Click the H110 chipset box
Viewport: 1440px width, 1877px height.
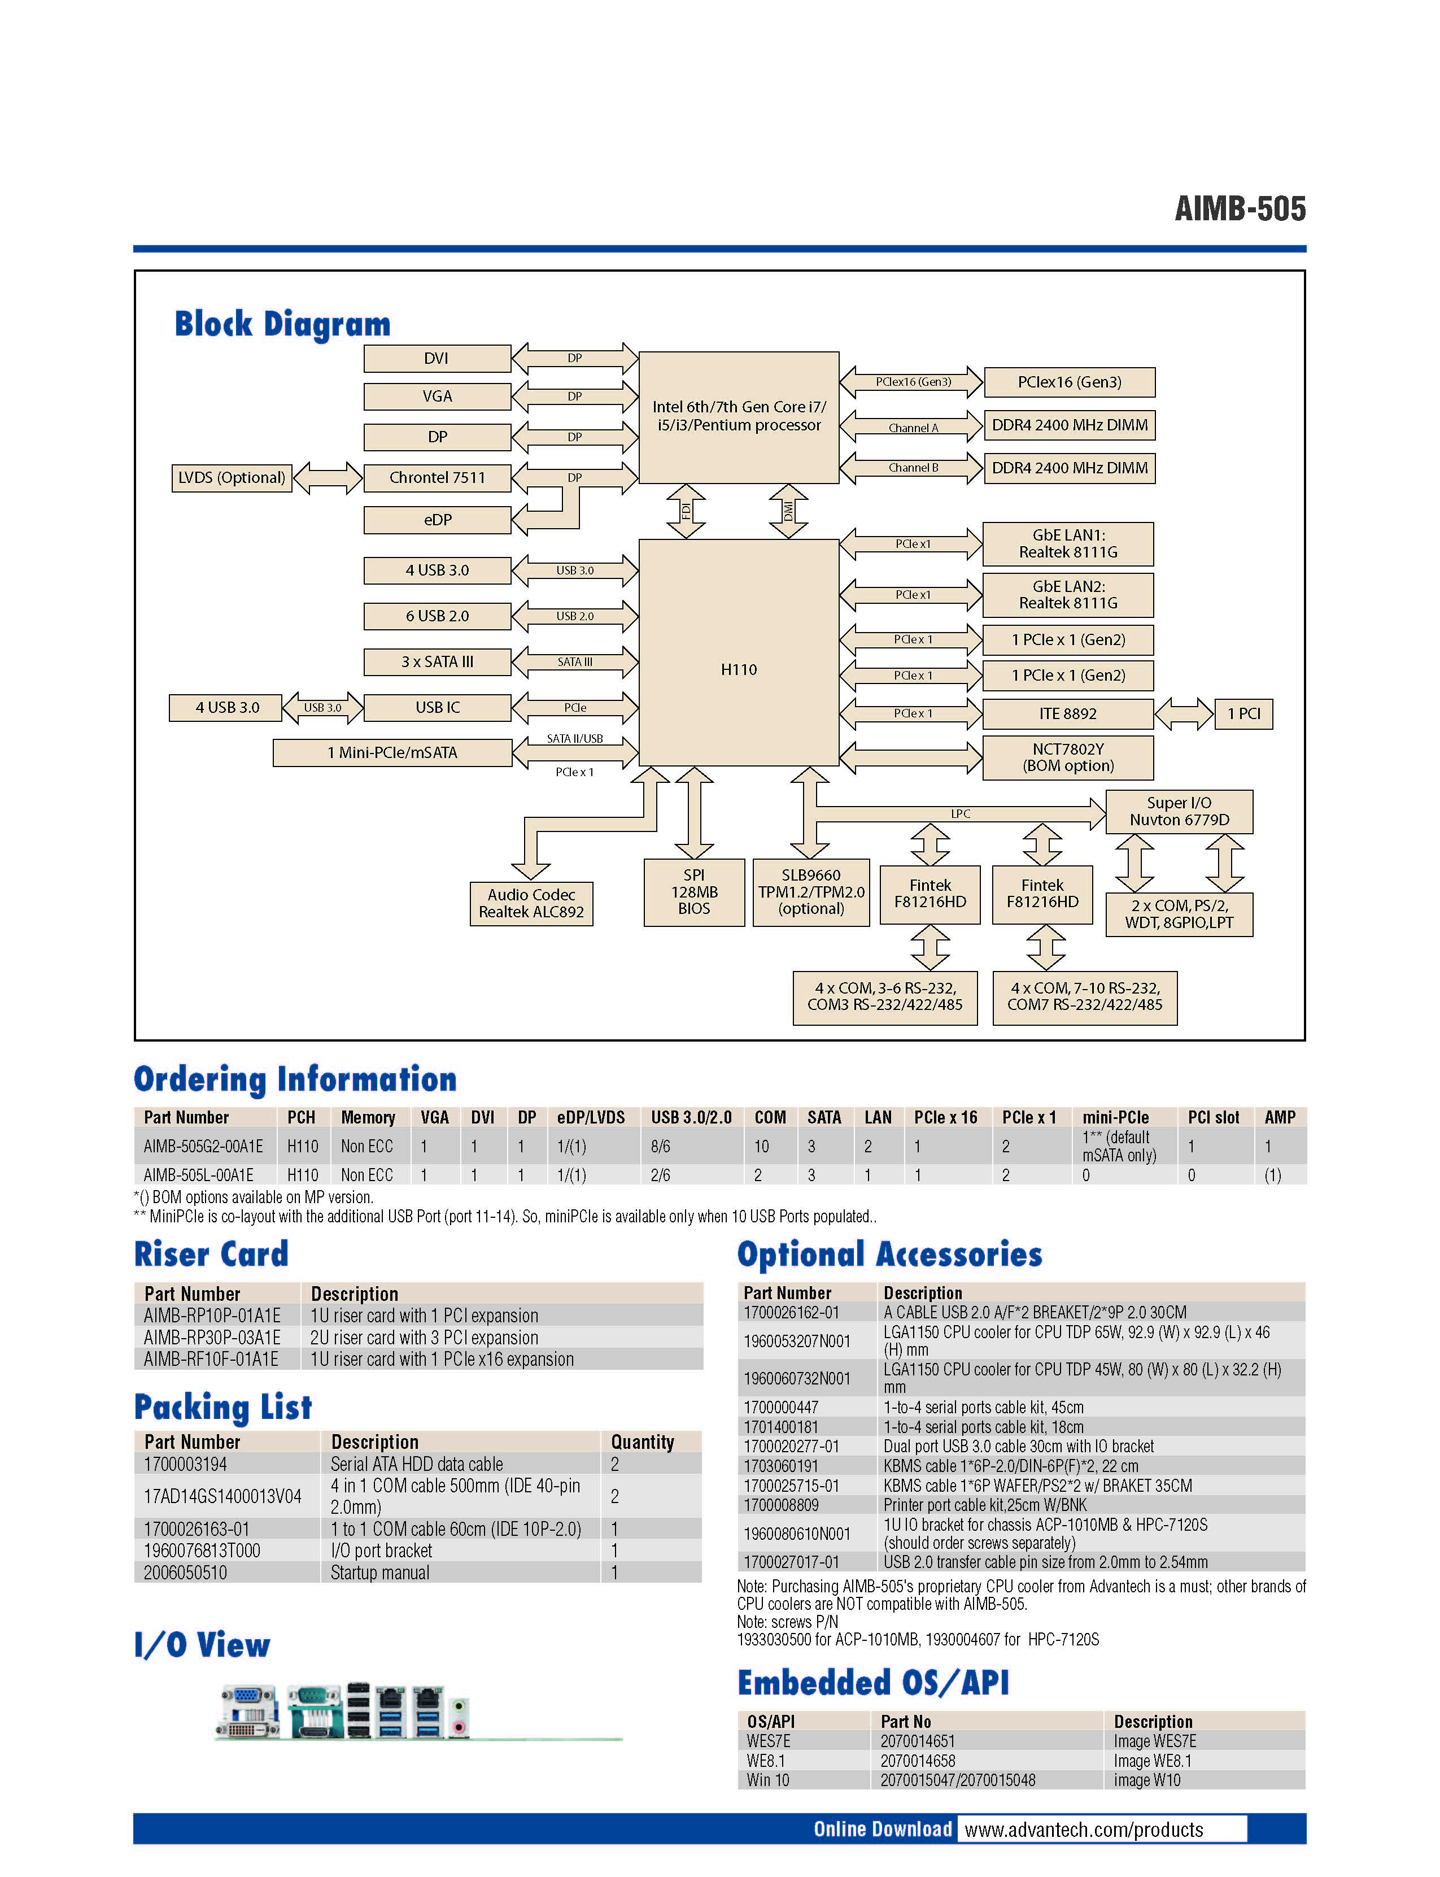tap(738, 652)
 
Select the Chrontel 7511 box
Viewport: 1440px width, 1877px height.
tap(437, 478)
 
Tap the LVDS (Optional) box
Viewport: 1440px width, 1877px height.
tap(232, 478)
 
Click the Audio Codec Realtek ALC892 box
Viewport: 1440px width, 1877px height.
tap(531, 903)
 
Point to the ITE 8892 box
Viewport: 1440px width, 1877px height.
tap(1068, 713)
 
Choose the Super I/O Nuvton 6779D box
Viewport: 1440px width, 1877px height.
tap(1180, 811)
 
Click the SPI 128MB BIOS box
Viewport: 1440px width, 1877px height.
tap(694, 892)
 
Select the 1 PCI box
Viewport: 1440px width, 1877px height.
tap(1243, 713)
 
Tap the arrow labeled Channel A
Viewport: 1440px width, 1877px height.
tap(911, 426)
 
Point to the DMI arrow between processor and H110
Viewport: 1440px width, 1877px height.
tap(788, 511)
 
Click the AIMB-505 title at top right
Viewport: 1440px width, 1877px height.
tap(1240, 208)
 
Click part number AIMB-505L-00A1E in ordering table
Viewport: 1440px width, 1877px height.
tap(198, 1175)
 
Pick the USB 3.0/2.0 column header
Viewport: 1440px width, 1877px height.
tap(691, 1117)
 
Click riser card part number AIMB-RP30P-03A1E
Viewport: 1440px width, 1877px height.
tap(212, 1338)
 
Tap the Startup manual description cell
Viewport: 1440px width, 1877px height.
tap(379, 1573)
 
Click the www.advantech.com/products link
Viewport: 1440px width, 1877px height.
tap(1084, 1830)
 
